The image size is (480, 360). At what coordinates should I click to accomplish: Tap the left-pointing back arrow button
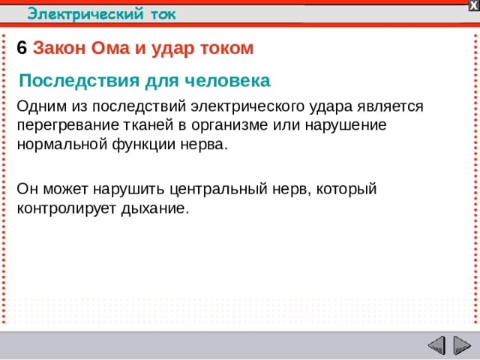[x=436, y=346]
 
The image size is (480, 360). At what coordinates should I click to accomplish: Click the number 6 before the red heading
[x=22, y=48]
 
